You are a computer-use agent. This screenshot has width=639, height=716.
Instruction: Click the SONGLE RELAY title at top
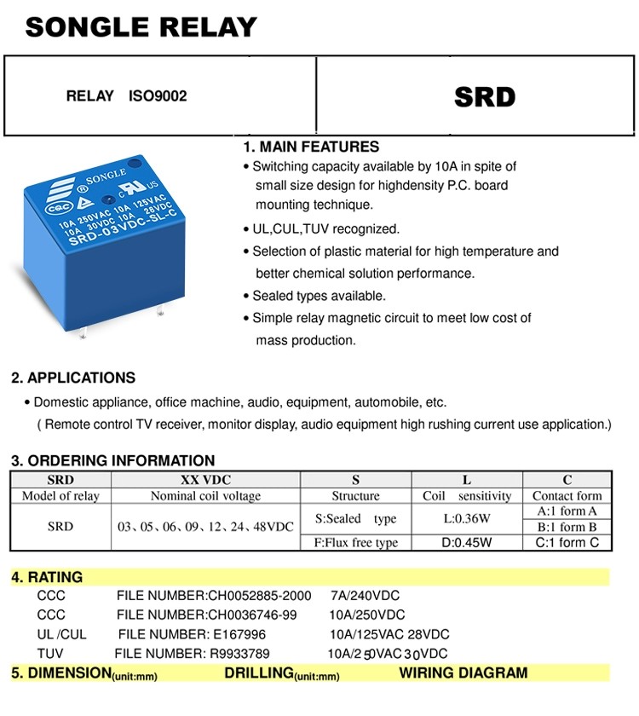pos(141,27)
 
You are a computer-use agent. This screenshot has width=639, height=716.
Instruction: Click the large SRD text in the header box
pos(485,96)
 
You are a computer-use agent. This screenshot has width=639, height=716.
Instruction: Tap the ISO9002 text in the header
pos(158,96)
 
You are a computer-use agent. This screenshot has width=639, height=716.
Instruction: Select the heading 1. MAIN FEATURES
pos(311,147)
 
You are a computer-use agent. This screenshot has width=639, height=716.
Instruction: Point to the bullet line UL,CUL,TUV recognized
pos(325,228)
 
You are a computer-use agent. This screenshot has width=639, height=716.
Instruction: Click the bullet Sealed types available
pos(319,296)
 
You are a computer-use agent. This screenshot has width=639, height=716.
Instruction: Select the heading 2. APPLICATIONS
pos(73,378)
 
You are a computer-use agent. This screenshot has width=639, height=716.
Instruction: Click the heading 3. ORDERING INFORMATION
pos(112,460)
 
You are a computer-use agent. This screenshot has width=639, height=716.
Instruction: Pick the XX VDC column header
pos(205,480)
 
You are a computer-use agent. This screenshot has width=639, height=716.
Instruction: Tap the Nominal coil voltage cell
pos(205,496)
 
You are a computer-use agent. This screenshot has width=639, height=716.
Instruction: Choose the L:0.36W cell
pos(467,518)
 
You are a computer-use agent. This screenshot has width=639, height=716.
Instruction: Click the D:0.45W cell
pos(467,543)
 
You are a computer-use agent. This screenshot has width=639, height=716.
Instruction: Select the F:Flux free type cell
pos(356,543)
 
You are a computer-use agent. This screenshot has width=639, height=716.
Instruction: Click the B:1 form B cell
pos(567,527)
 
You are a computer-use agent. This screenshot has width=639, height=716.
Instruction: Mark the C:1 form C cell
pos(567,543)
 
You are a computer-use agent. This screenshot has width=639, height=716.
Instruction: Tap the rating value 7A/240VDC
pos(365,596)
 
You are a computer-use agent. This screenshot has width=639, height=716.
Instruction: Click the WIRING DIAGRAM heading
pos(463,673)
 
